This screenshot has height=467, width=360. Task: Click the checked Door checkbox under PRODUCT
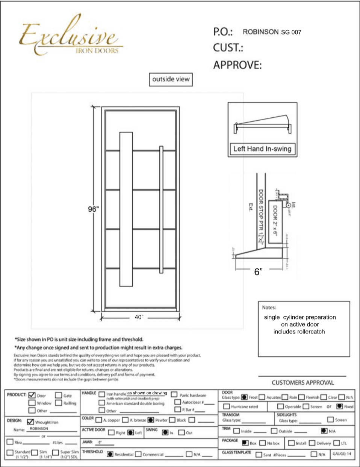tap(32, 395)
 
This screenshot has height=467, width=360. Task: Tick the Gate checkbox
tap(59, 395)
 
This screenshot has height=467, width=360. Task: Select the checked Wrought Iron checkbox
tap(30, 422)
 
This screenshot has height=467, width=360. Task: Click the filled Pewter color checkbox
tap(151, 420)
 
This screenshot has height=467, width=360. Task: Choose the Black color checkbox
tap(172, 420)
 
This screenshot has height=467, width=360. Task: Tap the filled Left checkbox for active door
tap(130, 432)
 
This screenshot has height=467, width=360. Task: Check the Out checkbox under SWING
tap(182, 432)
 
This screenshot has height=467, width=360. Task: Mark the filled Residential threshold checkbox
tap(110, 454)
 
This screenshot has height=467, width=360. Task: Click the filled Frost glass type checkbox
tap(244, 397)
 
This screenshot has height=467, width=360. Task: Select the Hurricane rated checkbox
tap(226, 406)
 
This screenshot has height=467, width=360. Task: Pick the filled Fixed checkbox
tap(339, 406)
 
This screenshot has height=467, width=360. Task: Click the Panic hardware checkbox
tap(174, 394)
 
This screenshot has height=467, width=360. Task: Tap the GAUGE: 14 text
tap(342, 454)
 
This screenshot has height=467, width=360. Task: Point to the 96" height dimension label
tap(92, 209)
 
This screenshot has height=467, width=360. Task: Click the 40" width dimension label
tap(139, 317)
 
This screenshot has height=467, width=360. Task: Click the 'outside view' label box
tap(171, 79)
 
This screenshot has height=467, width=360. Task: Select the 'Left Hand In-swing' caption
tap(262, 149)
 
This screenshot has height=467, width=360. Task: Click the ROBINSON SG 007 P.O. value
tap(272, 32)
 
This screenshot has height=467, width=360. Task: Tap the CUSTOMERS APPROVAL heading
tap(303, 383)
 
